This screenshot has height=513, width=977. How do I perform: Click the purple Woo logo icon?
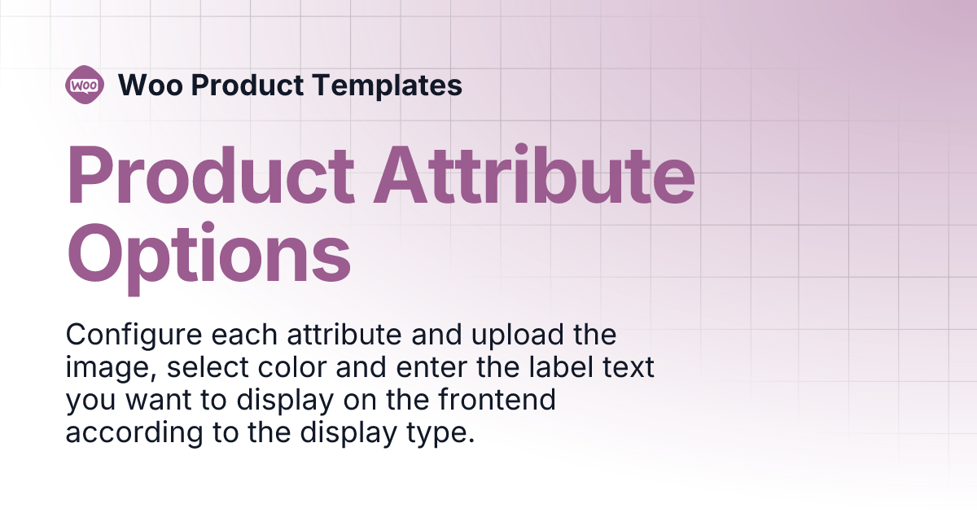coord(85,84)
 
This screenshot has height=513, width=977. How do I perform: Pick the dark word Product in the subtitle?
coord(248,85)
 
